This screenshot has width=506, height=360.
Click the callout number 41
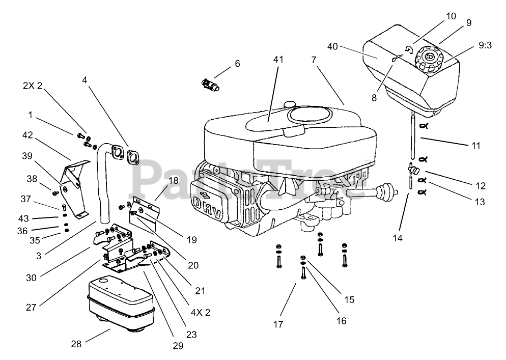[277, 59]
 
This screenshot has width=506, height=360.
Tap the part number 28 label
[76, 344]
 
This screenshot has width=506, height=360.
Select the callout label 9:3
[485, 45]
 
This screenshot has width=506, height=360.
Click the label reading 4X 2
[201, 312]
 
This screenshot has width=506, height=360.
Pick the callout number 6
[237, 64]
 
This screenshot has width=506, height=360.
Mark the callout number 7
[314, 60]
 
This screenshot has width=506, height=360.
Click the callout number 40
[333, 47]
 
